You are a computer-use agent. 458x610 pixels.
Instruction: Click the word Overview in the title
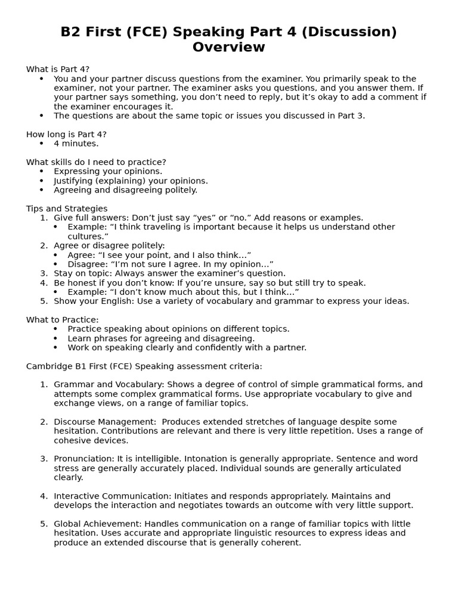(x=228, y=48)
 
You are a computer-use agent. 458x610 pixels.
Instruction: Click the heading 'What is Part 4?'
(x=58, y=70)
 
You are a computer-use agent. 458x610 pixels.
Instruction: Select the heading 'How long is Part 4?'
(x=66, y=134)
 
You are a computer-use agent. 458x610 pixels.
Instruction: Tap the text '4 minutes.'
(x=76, y=144)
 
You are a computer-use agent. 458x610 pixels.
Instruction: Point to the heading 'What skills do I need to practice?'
(x=96, y=162)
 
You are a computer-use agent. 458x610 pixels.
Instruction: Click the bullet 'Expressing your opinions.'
(x=108, y=172)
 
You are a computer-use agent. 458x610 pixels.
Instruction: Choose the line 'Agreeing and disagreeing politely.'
(x=125, y=190)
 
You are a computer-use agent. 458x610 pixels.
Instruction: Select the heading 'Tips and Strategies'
(x=67, y=208)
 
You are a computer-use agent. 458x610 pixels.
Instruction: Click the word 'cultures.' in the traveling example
(x=88, y=236)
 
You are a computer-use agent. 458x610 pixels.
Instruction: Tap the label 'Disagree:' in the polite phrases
(x=88, y=264)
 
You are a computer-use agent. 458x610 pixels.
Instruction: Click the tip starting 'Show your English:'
(x=231, y=301)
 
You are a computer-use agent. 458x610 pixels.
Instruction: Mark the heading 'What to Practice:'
(x=63, y=320)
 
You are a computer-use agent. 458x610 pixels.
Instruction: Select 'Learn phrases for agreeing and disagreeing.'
(x=161, y=338)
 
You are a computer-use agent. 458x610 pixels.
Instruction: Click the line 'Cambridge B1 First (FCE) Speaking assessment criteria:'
(x=144, y=366)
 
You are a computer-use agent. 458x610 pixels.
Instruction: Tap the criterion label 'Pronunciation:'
(x=83, y=459)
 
